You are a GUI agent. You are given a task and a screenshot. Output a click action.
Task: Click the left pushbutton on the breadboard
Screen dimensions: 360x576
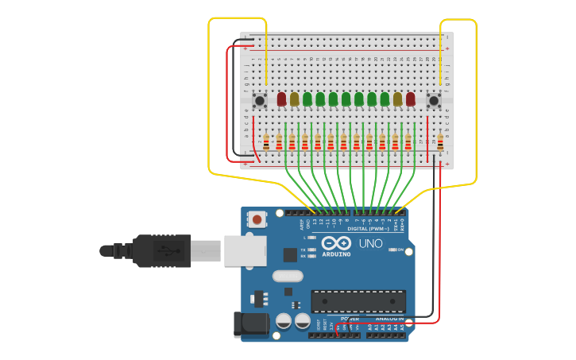point(260,100)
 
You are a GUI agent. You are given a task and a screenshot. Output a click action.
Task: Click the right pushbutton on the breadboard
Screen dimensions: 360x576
point(434,100)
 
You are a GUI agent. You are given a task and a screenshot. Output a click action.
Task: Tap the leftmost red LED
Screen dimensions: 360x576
point(281,99)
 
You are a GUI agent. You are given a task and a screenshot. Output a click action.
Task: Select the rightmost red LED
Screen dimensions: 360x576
point(410,99)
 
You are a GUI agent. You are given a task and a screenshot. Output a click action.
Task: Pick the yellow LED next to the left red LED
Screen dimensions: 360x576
point(294,99)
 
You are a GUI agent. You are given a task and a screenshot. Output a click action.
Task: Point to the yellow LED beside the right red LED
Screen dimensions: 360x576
point(397,99)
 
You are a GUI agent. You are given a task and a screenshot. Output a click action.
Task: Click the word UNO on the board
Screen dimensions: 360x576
point(371,244)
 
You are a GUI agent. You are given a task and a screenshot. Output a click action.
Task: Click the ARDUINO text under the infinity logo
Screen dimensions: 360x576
point(336,254)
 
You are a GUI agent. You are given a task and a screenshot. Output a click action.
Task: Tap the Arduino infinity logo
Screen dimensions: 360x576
point(336,243)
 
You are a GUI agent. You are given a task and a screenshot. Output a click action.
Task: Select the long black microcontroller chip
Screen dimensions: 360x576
point(358,301)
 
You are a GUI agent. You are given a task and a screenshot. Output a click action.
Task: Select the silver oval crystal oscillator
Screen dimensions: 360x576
point(288,277)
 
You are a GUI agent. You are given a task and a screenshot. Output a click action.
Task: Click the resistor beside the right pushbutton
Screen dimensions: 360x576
point(440,143)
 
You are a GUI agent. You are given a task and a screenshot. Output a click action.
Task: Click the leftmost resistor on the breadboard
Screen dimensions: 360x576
point(266,143)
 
